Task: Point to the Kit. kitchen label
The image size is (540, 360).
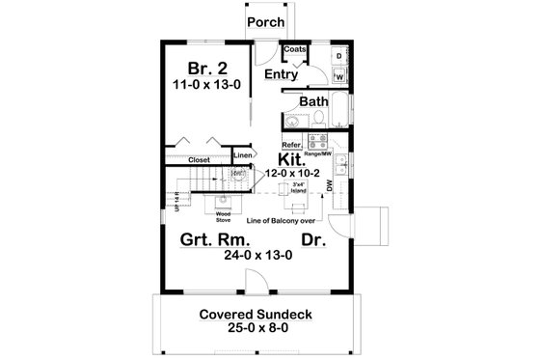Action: (292, 159)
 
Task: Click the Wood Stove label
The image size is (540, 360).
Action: (223, 217)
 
